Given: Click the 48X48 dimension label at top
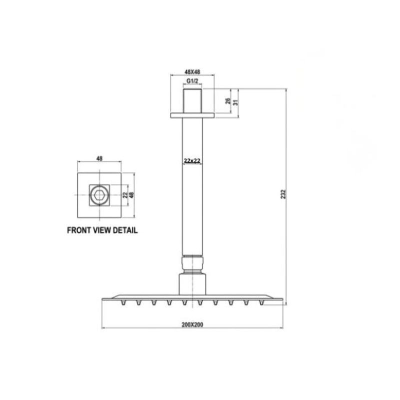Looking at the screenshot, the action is point(192,72).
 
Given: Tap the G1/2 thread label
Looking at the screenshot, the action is point(192,81).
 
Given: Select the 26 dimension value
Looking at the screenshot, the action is point(228,101).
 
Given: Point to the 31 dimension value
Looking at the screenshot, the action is point(235,102).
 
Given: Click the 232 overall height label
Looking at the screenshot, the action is point(283,194).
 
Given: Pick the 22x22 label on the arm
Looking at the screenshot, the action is point(192,160).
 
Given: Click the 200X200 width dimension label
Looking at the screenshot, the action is point(192,324).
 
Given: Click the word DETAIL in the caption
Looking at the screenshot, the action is point(125,230).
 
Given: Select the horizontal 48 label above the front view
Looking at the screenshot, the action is point(99,158).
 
